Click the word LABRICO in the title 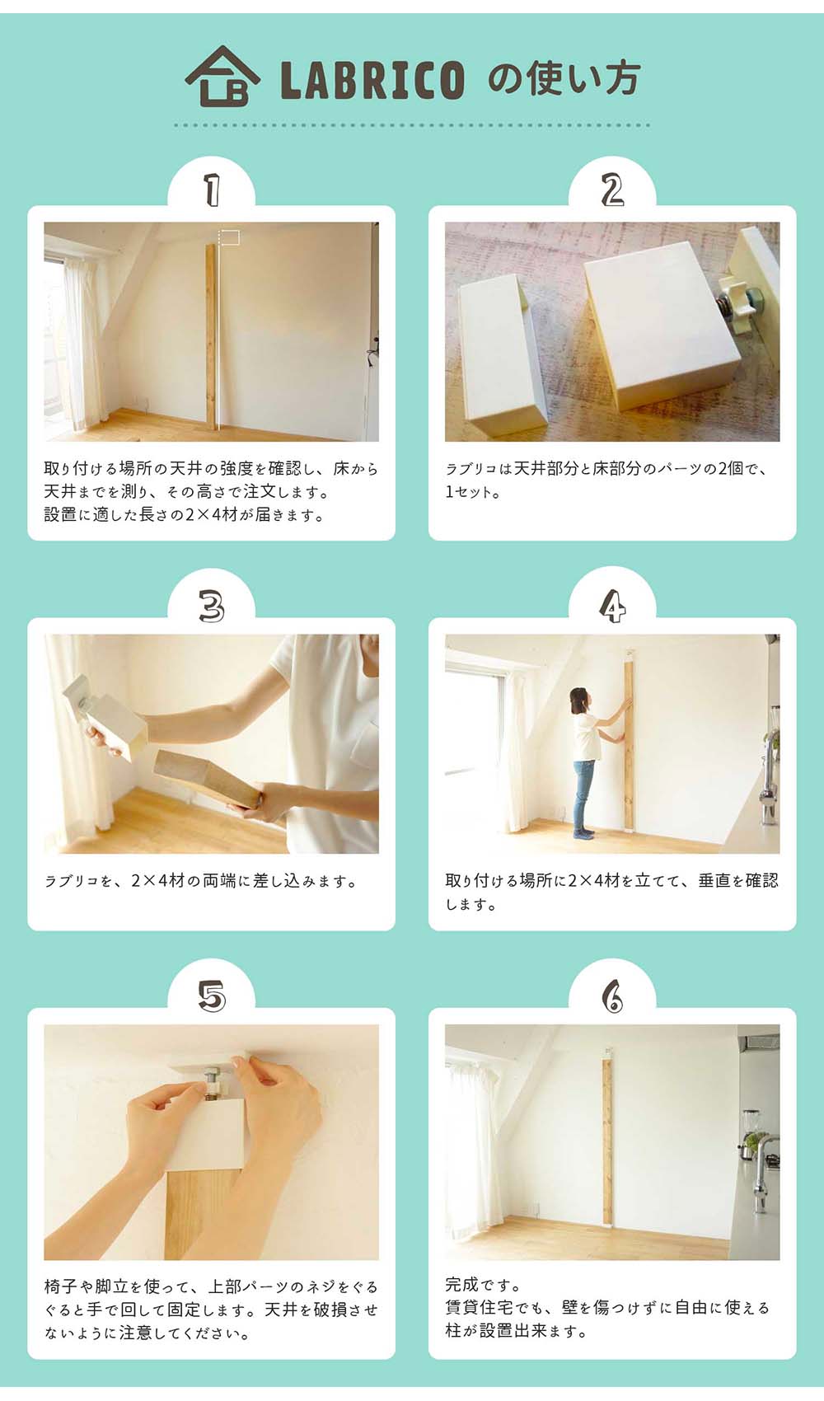coord(372,80)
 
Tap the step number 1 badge coord(212,190)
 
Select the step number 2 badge coord(612,190)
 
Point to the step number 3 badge coord(212,608)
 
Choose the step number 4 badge coord(612,608)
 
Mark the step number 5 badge coord(212,997)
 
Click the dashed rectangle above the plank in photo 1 coord(229,238)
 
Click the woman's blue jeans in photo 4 coord(583,791)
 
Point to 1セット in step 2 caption coord(471,492)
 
